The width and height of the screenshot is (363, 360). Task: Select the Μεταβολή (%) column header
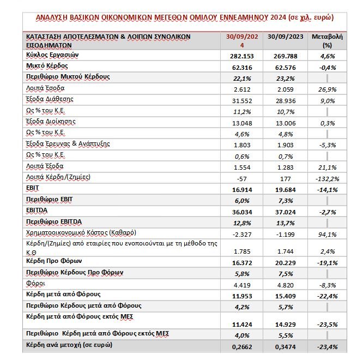coord(320,41)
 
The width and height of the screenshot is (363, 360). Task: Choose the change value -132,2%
coord(319,177)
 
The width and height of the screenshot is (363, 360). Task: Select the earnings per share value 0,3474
coord(282,345)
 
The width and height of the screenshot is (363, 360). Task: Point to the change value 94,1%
coord(320,233)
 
